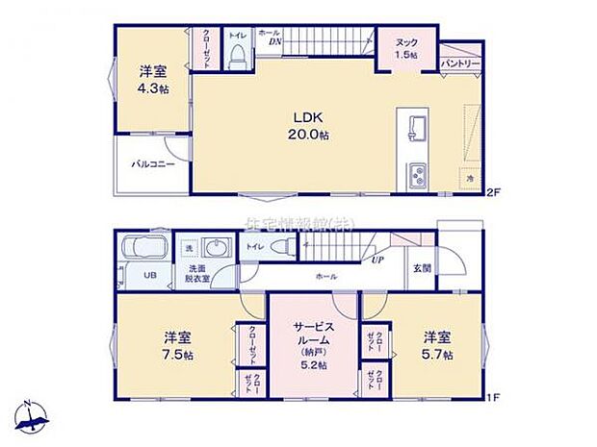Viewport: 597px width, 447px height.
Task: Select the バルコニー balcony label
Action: point(153,164)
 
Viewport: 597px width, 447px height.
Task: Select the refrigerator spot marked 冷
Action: point(471,178)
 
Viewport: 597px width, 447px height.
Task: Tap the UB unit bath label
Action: point(149,276)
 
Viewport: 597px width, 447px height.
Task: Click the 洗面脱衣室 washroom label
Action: point(198,272)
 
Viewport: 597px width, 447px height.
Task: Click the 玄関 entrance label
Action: point(423,268)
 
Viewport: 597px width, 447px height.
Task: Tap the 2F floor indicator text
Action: point(494,192)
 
